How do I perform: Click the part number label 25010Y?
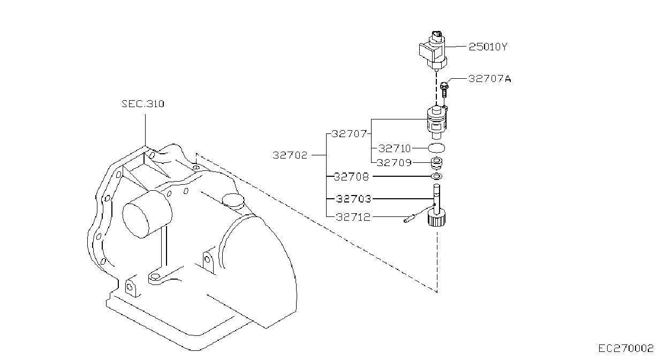pos(488,47)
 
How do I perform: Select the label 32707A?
pos(490,79)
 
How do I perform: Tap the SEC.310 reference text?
pos(143,104)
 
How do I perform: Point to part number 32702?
pos(290,155)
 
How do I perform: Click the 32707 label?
pos(349,134)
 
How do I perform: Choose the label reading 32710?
pos(395,148)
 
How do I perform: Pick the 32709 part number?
pos(394,162)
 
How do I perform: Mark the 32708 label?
pos(351,177)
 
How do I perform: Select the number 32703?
pos(354,199)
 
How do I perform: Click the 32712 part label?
pos(353,217)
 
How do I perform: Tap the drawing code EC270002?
pos(626,349)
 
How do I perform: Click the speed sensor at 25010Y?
pos(433,52)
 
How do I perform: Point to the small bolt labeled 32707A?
pos(444,90)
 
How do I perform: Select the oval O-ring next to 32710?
pos(436,148)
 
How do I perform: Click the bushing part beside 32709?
pos(436,163)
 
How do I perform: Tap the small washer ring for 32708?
pos(436,176)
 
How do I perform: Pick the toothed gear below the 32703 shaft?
pos(437,217)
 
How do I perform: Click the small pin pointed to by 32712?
pos(409,219)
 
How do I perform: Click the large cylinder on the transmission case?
pos(147,214)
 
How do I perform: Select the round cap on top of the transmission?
pos(233,201)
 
